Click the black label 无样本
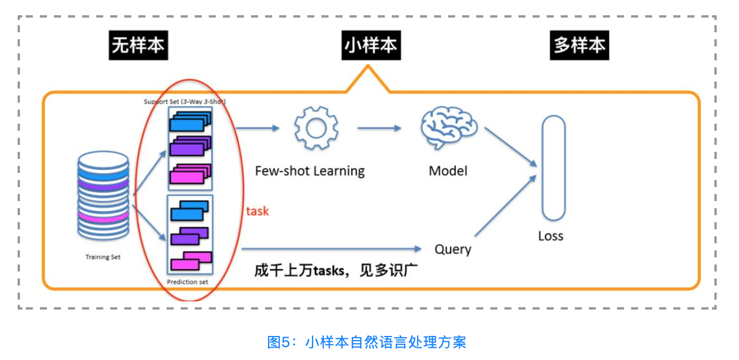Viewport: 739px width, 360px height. point(138,45)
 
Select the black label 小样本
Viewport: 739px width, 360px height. point(371,45)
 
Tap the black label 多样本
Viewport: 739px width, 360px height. point(579,45)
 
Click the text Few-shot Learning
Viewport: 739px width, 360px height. point(310,171)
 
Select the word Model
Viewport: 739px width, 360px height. point(448,171)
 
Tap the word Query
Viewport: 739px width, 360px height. point(453,249)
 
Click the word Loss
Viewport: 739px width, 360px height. point(550,236)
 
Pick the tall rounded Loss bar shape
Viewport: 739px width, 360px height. point(553,168)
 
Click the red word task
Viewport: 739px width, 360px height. point(257,211)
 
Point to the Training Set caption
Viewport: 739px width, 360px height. point(103,257)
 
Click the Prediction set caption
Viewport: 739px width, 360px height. point(187,282)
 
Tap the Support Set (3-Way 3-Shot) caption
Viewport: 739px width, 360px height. point(185,101)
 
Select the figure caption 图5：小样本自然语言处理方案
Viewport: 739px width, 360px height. point(367,342)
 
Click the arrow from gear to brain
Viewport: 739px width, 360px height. point(379,127)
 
